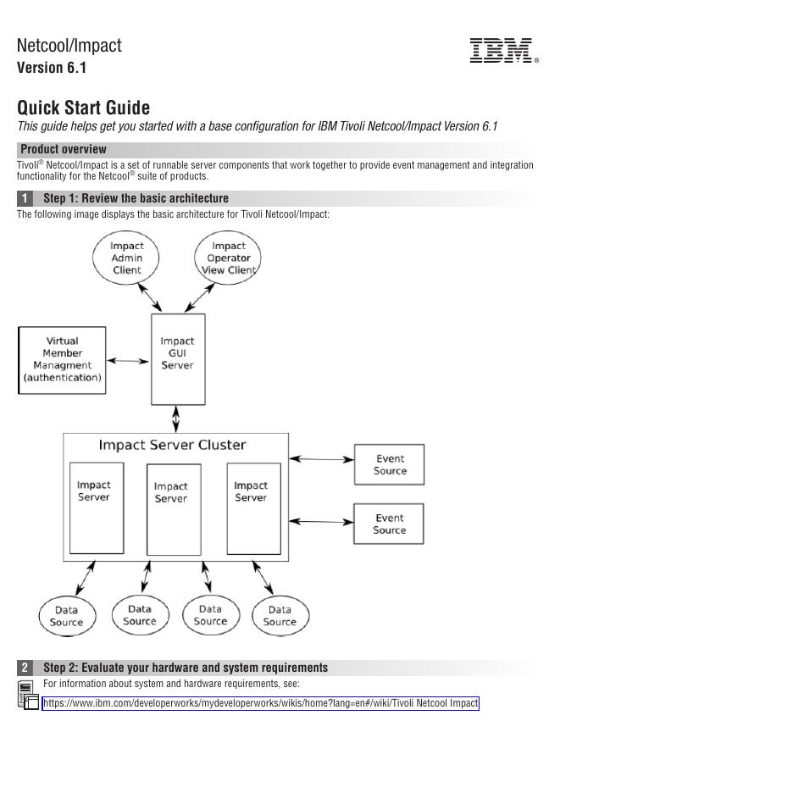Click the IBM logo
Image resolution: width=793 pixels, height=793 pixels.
coord(502,50)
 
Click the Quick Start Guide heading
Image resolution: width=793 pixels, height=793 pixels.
coord(83,108)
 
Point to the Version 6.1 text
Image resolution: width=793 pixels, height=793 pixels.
coord(52,68)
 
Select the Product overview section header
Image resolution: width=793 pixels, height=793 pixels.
coord(64,149)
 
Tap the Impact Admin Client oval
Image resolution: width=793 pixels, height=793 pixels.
coord(127,258)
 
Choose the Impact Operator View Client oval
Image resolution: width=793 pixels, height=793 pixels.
coord(228,258)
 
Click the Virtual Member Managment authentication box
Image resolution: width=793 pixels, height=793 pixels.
coord(63,360)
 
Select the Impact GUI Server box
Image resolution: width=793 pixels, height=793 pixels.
coord(177,358)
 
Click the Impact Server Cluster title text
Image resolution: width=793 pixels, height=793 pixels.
coord(172,445)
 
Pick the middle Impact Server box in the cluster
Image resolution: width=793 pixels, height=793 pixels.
coord(174,508)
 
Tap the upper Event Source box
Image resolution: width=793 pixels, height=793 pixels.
coord(389,464)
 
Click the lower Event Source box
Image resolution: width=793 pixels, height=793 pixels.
coord(389,524)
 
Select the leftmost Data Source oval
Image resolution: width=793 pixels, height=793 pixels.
coord(66,616)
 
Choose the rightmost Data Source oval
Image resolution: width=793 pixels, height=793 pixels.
coord(280,615)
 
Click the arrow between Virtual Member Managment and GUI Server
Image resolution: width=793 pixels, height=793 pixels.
coord(128,361)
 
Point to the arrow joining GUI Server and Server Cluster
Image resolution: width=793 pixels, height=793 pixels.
coord(176,419)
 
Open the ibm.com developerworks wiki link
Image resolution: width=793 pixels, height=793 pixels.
coord(260,703)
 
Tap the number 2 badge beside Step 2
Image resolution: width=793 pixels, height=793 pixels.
coord(25,668)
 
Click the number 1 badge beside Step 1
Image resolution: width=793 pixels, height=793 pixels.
coord(25,198)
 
